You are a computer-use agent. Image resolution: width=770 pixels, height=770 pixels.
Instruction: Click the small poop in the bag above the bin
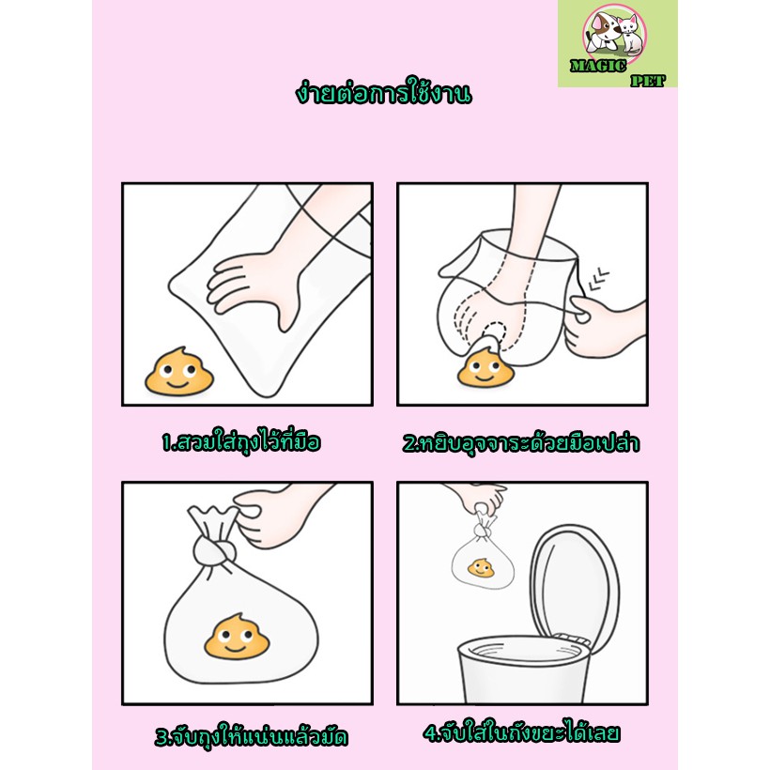click(482, 569)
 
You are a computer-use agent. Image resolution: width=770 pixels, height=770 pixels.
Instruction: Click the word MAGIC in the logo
click(598, 67)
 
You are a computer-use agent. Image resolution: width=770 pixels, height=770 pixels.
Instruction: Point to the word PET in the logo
click(648, 81)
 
